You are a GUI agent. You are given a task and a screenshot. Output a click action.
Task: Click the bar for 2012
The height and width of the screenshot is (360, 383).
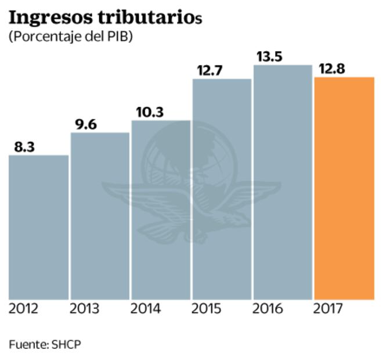39,227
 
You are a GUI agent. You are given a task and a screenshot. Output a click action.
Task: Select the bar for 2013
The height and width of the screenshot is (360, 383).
100,216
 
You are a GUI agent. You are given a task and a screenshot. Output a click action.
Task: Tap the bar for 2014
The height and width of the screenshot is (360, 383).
161,210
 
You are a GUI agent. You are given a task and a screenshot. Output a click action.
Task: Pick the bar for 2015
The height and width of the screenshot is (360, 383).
222,189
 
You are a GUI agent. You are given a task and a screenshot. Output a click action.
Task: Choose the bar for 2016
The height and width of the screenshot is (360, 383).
283,182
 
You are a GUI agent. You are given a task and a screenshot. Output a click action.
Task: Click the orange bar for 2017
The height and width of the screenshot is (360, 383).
344,188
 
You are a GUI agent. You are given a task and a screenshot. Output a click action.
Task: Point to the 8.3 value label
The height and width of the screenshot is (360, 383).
24,147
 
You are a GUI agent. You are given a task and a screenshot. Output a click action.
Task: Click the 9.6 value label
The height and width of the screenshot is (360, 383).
86,124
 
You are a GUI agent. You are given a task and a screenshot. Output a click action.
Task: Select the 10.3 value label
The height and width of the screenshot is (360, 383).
150,112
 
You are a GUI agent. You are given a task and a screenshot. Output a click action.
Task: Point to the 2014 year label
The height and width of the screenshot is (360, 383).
146,308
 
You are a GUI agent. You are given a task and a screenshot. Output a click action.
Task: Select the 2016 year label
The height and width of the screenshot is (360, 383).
268,308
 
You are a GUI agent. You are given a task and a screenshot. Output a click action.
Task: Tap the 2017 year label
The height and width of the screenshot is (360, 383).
328,308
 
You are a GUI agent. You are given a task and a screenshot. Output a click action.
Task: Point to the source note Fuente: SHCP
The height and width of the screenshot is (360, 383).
45,344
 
